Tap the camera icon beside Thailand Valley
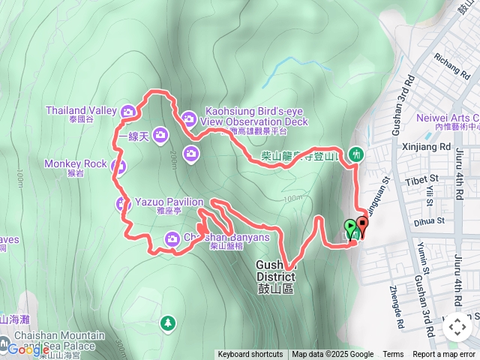[128, 112]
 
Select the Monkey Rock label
[75, 163]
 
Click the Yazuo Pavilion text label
[169, 202]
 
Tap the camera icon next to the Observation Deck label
[188, 118]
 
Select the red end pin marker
[363, 225]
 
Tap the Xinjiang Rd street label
[425, 147]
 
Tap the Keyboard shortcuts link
[250, 355]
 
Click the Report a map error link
[444, 355]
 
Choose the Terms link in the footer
[393, 355]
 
